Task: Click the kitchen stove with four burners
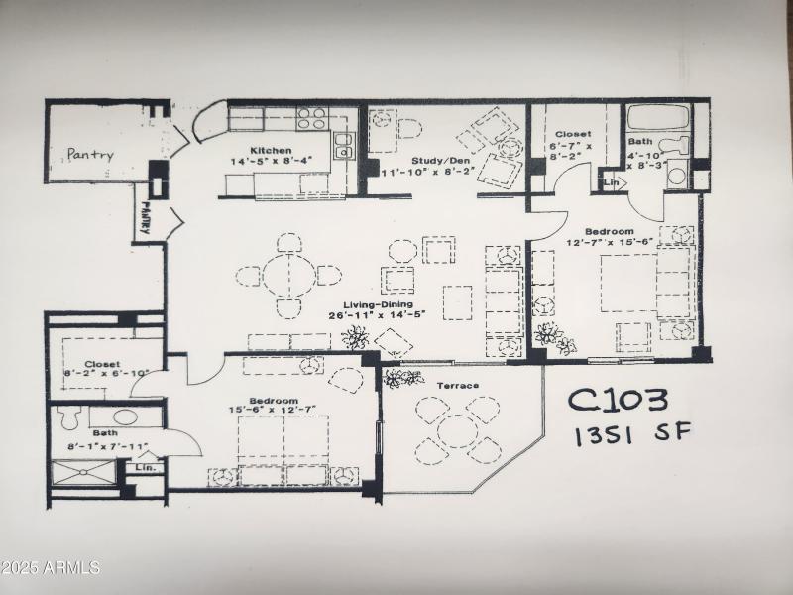coord(312,119)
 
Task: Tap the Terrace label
coord(457,385)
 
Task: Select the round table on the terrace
coord(457,429)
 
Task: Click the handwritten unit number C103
coord(618,400)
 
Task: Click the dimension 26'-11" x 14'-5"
coord(378,317)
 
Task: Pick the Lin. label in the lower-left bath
coord(146,467)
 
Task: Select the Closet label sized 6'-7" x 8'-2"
coord(573,134)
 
